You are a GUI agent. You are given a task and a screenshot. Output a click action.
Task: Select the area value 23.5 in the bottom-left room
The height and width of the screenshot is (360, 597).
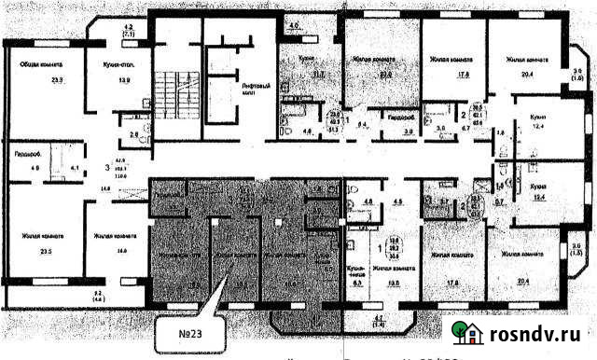tap(43, 251)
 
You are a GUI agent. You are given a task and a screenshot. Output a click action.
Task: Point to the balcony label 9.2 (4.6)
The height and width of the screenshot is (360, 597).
tap(98, 297)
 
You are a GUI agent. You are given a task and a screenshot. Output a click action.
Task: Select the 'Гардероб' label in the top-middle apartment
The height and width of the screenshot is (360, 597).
tap(401, 118)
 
